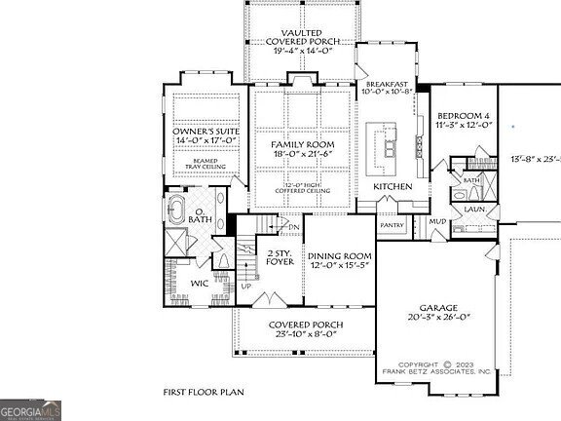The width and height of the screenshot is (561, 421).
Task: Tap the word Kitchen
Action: pos(393,186)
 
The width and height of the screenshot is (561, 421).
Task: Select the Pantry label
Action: pos(392,225)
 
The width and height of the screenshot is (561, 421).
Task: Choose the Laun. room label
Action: pos(474,208)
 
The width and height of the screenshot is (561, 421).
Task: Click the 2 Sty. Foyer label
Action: pos(280,258)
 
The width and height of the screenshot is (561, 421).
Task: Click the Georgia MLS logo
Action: pos(31,409)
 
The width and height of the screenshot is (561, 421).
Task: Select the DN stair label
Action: pos(294,228)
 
